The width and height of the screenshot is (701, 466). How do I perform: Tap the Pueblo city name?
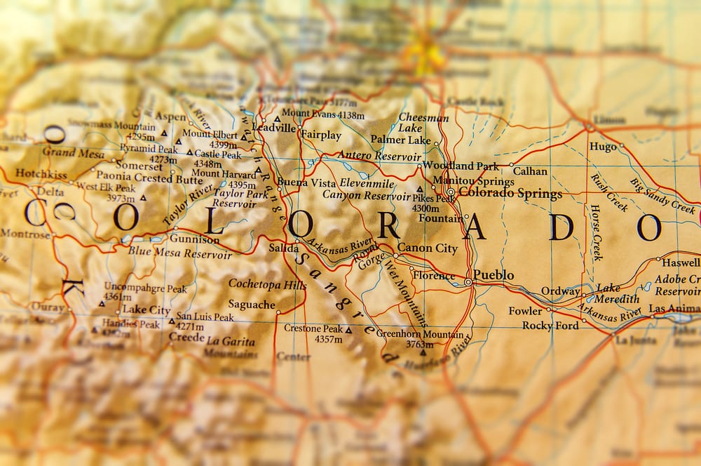(494, 275)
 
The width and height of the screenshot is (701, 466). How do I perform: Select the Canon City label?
(427, 248)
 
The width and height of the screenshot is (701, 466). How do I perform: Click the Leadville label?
(273, 128)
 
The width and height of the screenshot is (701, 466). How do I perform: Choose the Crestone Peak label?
(313, 328)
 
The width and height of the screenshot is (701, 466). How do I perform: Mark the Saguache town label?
(252, 305)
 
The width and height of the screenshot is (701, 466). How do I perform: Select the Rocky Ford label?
(550, 326)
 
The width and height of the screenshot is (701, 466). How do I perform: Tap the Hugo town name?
(603, 147)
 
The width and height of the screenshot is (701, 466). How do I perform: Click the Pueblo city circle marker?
(468, 282)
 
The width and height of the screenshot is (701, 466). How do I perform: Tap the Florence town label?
(433, 276)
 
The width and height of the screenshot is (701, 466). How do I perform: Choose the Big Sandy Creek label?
(662, 196)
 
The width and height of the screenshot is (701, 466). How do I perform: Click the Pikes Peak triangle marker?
(420, 189)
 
